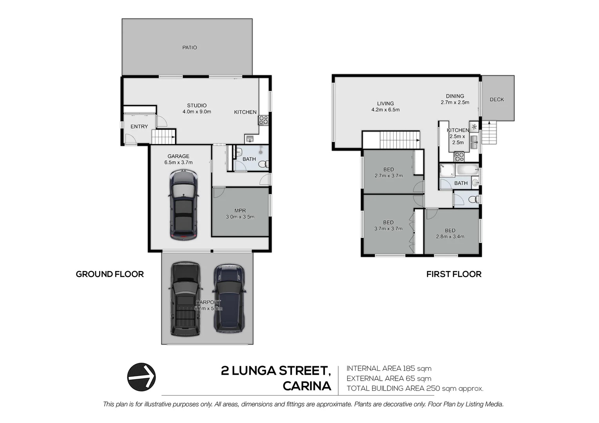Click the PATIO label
(x=189, y=47)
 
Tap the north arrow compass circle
(x=142, y=377)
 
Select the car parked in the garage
(x=183, y=204)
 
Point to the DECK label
(x=497, y=99)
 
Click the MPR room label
(x=240, y=211)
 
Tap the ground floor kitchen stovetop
(x=263, y=120)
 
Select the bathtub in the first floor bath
(x=468, y=170)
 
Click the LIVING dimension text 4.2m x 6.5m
(x=385, y=110)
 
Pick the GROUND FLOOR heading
(x=110, y=274)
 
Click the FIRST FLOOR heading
(x=454, y=274)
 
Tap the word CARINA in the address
(x=307, y=386)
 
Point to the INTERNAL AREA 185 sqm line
(x=389, y=369)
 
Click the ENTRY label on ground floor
(x=139, y=127)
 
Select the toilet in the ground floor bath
(x=265, y=164)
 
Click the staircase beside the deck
(x=489, y=132)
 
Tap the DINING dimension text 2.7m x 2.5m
(x=455, y=103)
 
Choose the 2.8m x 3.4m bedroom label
(x=450, y=236)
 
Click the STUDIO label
(x=197, y=105)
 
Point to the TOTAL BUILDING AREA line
(x=415, y=389)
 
